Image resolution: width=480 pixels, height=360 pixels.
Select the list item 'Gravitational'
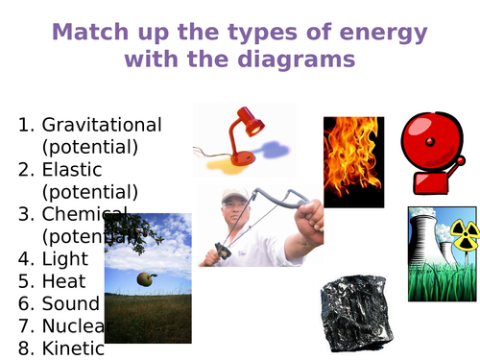point(102,125)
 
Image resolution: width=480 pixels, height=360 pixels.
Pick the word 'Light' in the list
point(65,258)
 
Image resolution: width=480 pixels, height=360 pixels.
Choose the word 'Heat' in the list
point(63,281)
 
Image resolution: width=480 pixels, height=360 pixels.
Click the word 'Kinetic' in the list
point(73,348)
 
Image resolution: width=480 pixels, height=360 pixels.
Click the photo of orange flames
point(353,161)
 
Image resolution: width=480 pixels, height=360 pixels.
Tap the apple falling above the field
point(146,278)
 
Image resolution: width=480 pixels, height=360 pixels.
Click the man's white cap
point(234,196)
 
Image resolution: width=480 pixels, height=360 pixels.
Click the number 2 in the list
point(26,169)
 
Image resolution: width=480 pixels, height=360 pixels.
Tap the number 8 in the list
point(26,348)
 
